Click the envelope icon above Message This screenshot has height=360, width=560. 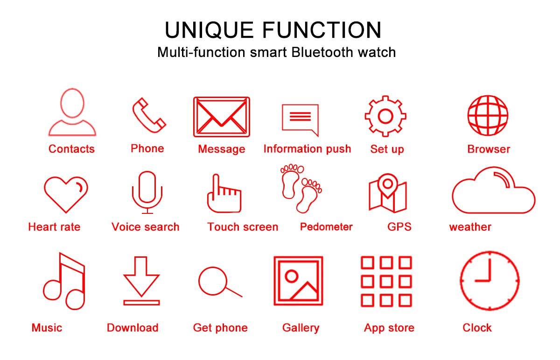[x=222, y=117]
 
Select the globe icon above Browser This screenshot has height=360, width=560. [x=488, y=115]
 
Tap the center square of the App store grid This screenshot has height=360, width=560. [x=386, y=282]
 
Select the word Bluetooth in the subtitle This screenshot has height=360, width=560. [x=322, y=52]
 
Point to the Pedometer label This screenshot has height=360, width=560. [x=326, y=227]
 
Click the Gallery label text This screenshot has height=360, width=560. [x=301, y=328]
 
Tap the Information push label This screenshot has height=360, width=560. [x=307, y=149]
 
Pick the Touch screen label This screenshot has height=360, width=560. [x=243, y=227]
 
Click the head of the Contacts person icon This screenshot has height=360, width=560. [x=72, y=103]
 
